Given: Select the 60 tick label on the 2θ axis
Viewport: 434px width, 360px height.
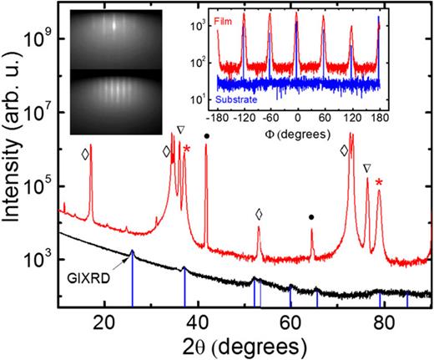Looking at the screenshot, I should (x=290, y=321).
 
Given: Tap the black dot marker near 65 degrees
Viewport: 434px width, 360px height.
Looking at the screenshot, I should (x=311, y=217).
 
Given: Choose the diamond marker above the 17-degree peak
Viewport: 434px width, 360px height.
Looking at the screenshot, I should (x=84, y=154).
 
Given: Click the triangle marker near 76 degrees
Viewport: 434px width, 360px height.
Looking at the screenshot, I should (x=367, y=168).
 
